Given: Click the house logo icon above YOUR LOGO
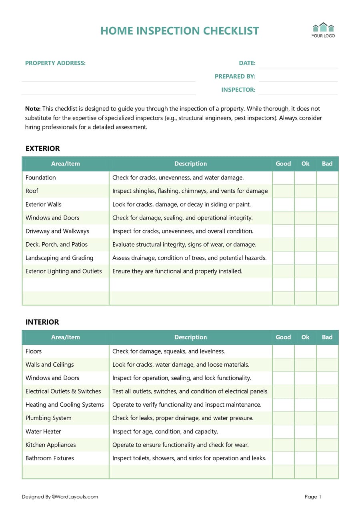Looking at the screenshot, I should pyautogui.click(x=323, y=27).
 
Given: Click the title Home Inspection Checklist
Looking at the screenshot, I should pyautogui.click(x=180, y=31).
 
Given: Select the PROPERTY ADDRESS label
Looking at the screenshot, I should pyautogui.click(x=55, y=63).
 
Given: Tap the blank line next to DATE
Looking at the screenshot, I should pyautogui.click(x=298, y=63).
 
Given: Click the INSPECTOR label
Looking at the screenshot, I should pyautogui.click(x=238, y=90).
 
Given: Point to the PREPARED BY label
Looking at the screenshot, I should pyautogui.click(x=235, y=76).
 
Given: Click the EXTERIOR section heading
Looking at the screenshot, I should pyautogui.click(x=42, y=149).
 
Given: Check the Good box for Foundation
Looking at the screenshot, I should pyautogui.click(x=283, y=178).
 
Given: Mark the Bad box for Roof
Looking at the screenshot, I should pyautogui.click(x=327, y=191).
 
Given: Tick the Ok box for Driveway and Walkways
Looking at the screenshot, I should pyautogui.click(x=305, y=231).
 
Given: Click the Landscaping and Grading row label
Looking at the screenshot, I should pyautogui.click(x=59, y=258).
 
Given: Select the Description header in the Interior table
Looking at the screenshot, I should pyautogui.click(x=190, y=337).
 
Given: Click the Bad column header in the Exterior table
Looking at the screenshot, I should pyautogui.click(x=327, y=164).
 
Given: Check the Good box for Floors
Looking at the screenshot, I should pyautogui.click(x=283, y=351).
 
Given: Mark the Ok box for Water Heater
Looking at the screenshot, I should pyautogui.click(x=305, y=431).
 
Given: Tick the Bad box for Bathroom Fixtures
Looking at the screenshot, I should pyautogui.click(x=327, y=458).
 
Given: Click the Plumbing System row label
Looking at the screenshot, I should pyautogui.click(x=48, y=418).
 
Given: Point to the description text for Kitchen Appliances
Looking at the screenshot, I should pyautogui.click(x=180, y=445).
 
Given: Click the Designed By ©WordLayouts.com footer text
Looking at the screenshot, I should pyautogui.click(x=60, y=497).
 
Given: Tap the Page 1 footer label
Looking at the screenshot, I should pyautogui.click(x=313, y=497).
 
